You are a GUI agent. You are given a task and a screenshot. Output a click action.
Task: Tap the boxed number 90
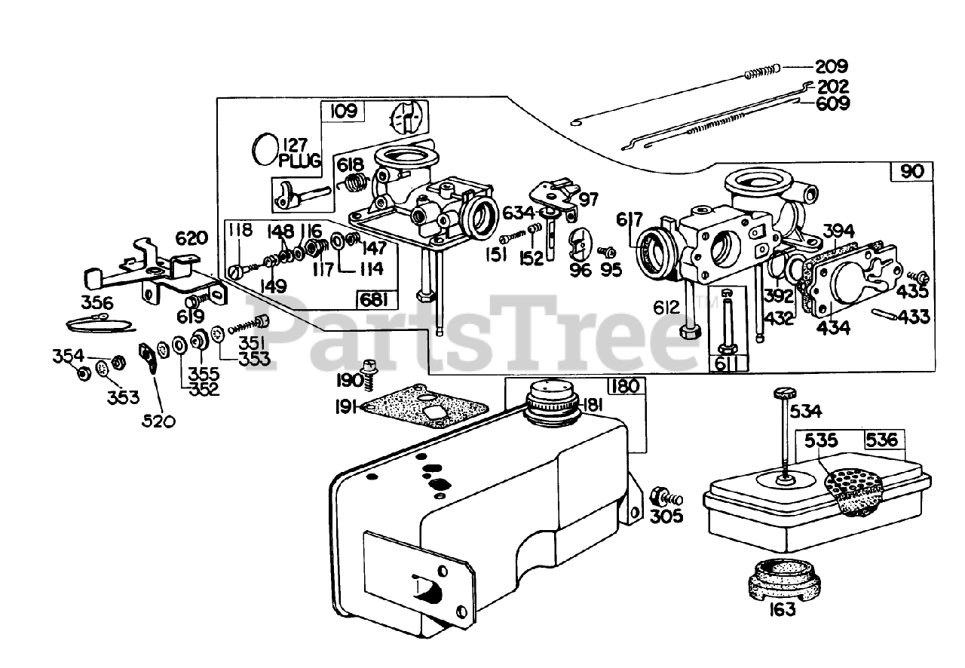[x=911, y=171]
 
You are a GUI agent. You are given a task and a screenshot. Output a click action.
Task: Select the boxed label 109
[x=343, y=112]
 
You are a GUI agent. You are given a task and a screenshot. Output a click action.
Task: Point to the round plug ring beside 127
[x=265, y=149]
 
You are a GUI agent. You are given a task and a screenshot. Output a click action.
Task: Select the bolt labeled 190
[x=369, y=370]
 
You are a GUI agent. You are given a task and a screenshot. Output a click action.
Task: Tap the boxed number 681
[x=375, y=300]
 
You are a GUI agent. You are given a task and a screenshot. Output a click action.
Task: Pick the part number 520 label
[x=159, y=420]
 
